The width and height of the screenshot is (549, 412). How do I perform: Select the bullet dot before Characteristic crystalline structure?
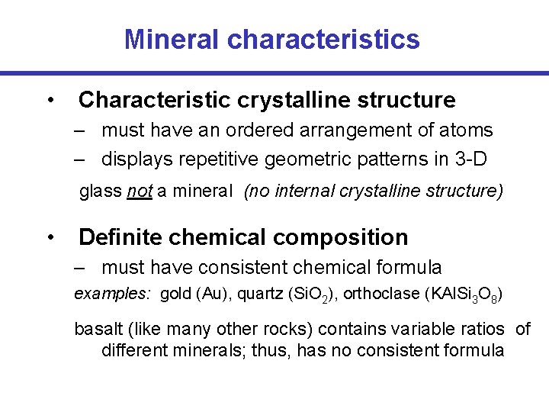(x=49, y=100)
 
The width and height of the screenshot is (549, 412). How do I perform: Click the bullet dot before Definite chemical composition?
(x=49, y=237)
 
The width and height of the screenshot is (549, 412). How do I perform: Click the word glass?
(x=101, y=191)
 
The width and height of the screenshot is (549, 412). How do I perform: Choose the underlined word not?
(x=140, y=191)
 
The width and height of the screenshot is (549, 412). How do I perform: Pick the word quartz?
(x=256, y=294)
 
